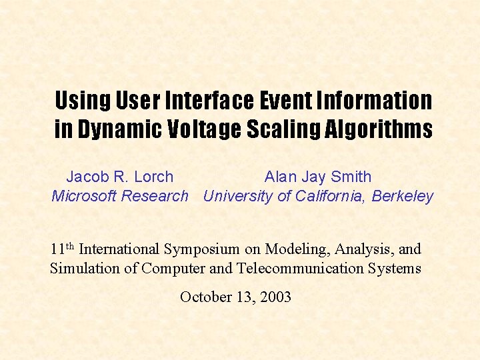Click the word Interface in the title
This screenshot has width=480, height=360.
pyautogui.click(x=209, y=101)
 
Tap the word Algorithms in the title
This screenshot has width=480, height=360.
pyautogui.click(x=379, y=129)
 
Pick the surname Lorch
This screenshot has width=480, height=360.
pyautogui.click(x=153, y=177)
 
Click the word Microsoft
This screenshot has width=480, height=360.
pyautogui.click(x=83, y=196)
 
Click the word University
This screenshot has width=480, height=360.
pyautogui.click(x=237, y=196)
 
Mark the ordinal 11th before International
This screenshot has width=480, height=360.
pyautogui.click(x=62, y=249)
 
